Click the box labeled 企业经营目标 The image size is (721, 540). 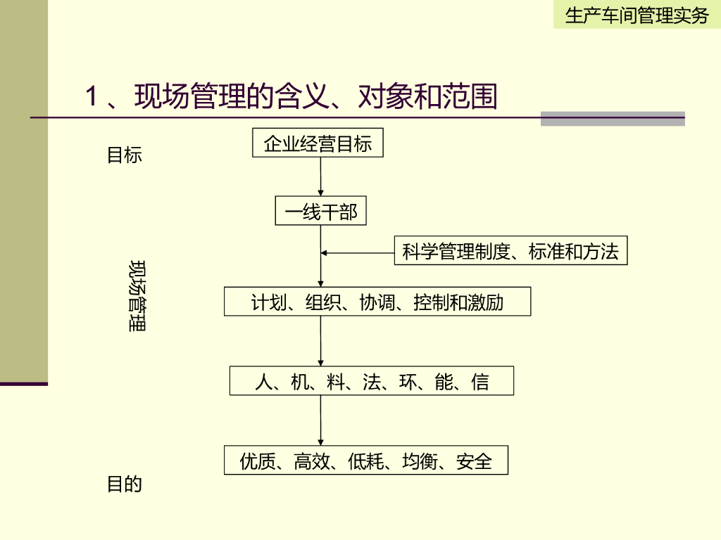coord(318,143)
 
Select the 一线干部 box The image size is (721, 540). coord(321,212)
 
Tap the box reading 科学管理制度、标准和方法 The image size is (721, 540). coord(510,251)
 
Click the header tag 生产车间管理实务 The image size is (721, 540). coord(637,15)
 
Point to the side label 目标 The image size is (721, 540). coord(124,155)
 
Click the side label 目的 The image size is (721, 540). coord(124,484)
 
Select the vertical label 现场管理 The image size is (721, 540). coord(137,296)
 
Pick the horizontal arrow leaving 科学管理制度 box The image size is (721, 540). coord(358,253)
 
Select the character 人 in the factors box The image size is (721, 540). coord(263,382)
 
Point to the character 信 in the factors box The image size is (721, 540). coord(480,382)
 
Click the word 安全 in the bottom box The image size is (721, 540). coord(474,461)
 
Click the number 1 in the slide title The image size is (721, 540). coord(91,97)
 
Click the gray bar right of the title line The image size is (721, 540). coord(613,118)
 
